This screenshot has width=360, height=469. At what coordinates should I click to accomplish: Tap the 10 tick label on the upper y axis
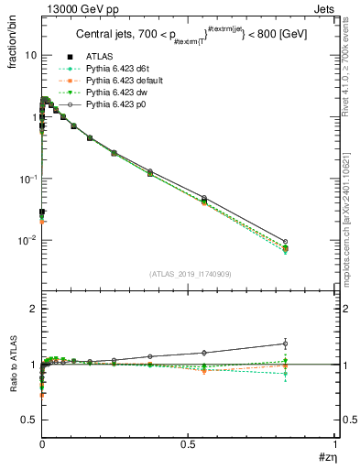point(30,55)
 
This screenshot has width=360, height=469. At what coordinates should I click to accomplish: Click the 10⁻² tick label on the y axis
point(27,240)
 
